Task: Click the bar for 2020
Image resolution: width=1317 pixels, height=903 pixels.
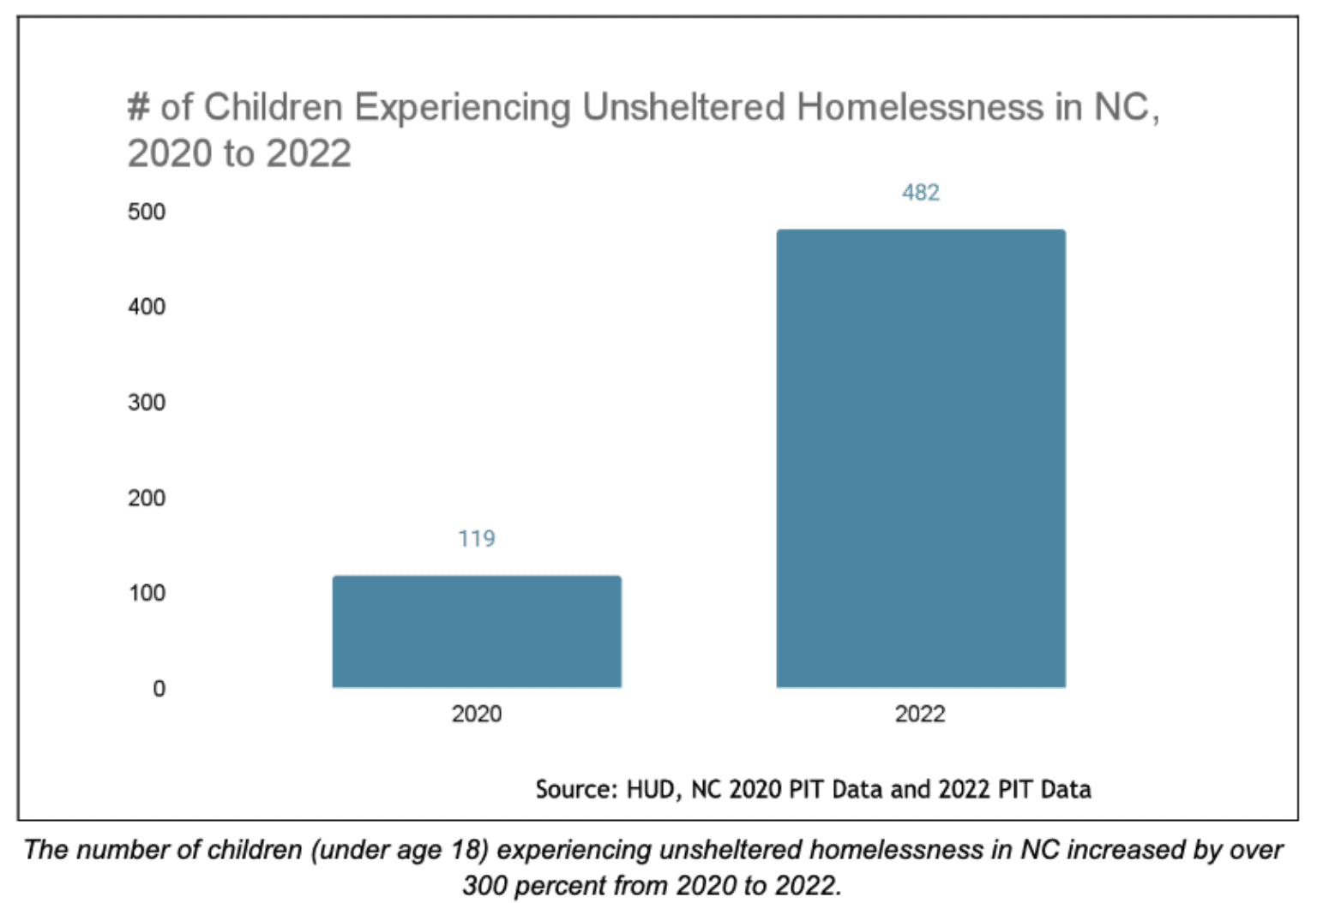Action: point(477,631)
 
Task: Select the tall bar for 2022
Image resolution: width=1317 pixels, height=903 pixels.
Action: point(921,458)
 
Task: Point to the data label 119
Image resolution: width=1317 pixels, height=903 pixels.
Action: point(477,539)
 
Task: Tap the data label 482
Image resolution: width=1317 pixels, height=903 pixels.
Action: point(921,193)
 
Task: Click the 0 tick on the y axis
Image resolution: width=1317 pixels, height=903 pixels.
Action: point(159,689)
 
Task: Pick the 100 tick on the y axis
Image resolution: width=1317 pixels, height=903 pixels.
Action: point(147,593)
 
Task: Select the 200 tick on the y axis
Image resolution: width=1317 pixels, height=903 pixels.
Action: point(147,498)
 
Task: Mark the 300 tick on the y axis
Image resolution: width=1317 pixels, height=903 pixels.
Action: point(147,403)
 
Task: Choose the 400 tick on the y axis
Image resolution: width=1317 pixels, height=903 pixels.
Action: point(147,307)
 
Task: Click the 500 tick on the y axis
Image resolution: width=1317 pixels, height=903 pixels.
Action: point(147,212)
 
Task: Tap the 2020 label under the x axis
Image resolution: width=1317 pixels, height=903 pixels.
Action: point(477,714)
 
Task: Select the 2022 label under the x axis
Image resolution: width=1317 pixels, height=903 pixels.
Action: point(920,714)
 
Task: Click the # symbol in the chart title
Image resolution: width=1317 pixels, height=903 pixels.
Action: point(138,108)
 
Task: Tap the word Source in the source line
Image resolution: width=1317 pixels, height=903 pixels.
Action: point(575,789)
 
